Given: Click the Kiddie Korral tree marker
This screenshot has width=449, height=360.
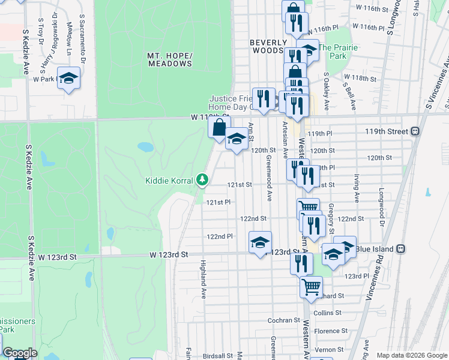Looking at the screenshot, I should pos(203,179).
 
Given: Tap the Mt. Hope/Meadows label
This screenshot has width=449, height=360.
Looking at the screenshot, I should pos(170,59).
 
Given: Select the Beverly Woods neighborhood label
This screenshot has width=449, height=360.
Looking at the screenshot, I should pos(267,47).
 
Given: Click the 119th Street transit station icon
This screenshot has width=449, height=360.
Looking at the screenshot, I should pos(415,131).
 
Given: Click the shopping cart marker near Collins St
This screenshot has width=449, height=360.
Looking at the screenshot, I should pos(311,288).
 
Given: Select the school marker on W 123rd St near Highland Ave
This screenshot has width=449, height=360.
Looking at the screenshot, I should pos(260,243).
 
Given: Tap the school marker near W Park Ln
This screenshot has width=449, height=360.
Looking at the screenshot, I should pos(69,78).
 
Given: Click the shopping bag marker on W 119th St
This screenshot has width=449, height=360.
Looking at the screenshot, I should pos(219,127).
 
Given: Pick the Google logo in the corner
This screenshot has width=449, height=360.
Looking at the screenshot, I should pos(20,353).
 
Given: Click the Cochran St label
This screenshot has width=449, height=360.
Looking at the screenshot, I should pos(283,320).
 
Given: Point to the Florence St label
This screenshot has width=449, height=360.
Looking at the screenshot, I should pos(330,331).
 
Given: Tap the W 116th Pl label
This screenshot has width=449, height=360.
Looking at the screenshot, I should pos(369,28).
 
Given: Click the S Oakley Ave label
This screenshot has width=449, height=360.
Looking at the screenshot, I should pos(327,92).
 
